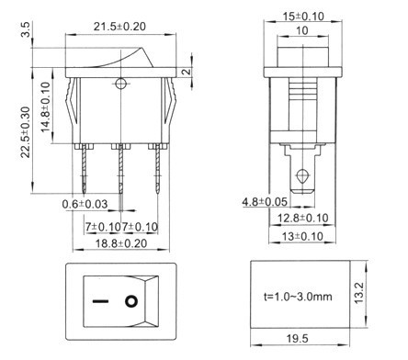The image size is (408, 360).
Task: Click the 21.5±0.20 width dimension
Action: (119, 27)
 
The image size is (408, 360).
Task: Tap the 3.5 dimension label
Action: (26, 29)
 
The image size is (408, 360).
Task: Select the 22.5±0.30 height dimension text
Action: (26, 132)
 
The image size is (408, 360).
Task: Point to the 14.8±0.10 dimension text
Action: (45, 107)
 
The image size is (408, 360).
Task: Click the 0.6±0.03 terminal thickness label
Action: (85, 204)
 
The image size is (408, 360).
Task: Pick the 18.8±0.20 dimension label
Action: (121, 243)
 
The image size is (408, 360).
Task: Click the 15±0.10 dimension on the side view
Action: (303, 17)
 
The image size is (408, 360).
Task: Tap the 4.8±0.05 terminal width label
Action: (265, 202)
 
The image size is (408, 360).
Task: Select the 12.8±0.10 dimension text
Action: (303, 218)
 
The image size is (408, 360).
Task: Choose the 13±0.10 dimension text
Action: (302, 236)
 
